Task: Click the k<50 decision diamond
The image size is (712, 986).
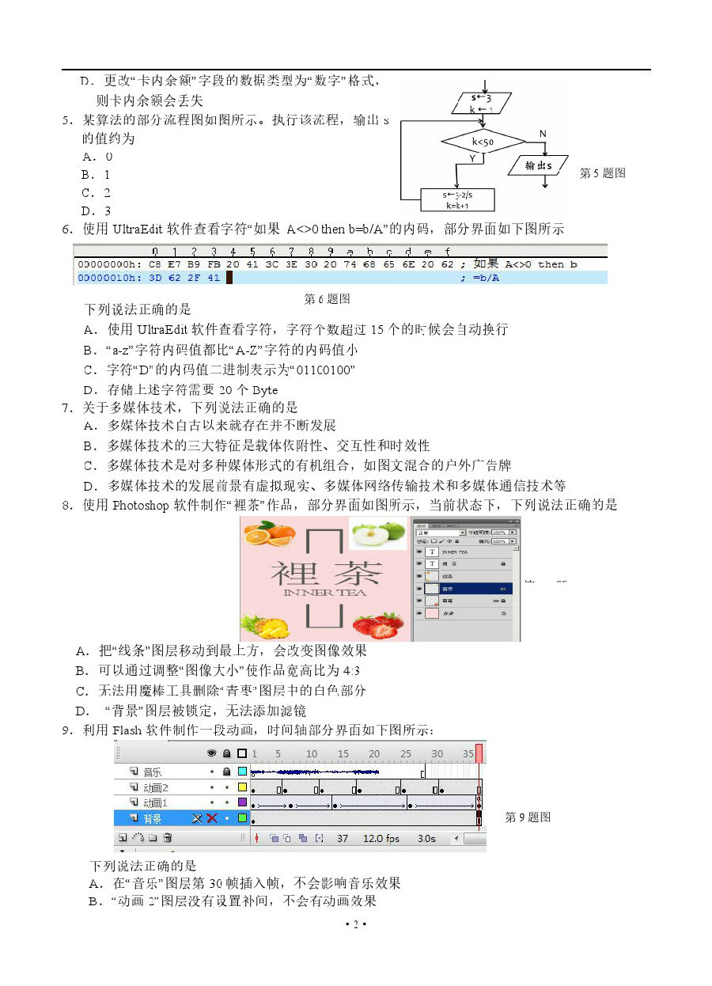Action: click(483, 142)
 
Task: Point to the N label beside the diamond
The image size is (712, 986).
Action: click(543, 134)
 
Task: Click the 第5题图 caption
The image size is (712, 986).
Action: click(603, 173)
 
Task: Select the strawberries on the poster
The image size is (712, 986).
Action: click(378, 624)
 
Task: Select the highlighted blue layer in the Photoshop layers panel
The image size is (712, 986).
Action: click(467, 588)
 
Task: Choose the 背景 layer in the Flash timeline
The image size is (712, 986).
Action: click(152, 818)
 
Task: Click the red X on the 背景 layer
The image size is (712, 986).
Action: click(212, 818)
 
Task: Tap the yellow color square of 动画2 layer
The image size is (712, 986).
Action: click(242, 787)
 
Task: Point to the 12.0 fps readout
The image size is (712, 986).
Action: click(381, 838)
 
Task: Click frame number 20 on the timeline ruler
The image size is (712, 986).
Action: click(374, 753)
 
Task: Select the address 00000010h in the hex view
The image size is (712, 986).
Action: click(109, 278)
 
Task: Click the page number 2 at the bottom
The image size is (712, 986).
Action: click(355, 924)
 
